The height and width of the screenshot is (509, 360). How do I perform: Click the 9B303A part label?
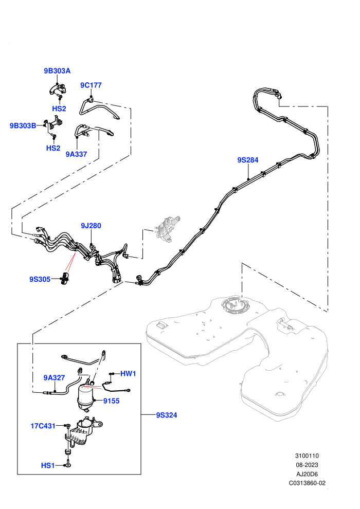point(57,71)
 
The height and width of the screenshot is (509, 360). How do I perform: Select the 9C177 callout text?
point(91,85)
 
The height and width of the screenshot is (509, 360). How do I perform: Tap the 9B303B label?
point(23,125)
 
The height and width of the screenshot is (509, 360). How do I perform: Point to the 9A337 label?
point(76,154)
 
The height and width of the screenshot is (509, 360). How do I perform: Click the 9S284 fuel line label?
point(248,160)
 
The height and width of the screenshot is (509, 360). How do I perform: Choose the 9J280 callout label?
point(91,226)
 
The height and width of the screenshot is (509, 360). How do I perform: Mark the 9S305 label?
point(40,279)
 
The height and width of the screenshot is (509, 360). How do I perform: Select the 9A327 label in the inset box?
point(54,378)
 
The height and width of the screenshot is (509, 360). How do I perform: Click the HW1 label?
point(128,374)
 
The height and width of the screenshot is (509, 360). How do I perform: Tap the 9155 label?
point(112,401)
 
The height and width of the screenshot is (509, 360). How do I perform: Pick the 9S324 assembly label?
point(167,415)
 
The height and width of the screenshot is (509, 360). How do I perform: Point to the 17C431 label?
point(43,426)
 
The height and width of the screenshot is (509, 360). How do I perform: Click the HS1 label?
point(48,465)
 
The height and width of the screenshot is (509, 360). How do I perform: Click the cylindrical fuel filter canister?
point(86,397)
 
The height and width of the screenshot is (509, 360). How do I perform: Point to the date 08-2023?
point(307,465)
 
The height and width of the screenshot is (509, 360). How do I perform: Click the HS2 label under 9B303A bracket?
point(59,109)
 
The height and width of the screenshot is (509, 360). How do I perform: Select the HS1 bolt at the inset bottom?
point(67,464)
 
